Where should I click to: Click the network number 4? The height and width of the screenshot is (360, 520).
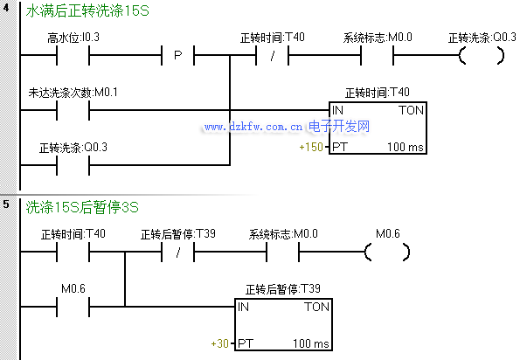(6, 7)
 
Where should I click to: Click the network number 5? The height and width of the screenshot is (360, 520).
(6, 204)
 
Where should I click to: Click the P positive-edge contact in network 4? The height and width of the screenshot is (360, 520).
(177, 55)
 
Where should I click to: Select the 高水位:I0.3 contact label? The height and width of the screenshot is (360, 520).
(73, 38)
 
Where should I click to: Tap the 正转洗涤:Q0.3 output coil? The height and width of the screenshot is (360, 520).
(482, 55)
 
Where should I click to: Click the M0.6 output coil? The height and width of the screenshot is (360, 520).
(387, 252)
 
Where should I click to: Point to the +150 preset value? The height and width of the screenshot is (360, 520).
(311, 147)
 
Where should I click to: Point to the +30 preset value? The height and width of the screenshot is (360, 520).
(220, 343)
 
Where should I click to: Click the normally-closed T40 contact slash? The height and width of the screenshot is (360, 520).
(273, 55)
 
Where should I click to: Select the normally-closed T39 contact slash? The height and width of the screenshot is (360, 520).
(177, 253)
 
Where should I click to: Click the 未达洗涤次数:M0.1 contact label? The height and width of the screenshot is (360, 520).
(73, 93)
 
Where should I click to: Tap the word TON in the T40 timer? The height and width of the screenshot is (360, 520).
(412, 110)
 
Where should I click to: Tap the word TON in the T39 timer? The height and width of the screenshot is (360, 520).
(316, 307)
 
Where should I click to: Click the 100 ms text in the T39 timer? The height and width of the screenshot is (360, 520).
(311, 343)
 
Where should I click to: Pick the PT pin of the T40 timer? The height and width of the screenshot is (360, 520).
(340, 147)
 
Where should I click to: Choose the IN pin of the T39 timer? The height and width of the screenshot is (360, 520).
(243, 307)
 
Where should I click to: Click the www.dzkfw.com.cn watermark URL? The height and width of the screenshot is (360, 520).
(253, 127)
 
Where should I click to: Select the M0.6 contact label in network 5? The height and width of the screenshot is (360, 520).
(73, 288)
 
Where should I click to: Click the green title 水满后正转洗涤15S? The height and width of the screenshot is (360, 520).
(87, 11)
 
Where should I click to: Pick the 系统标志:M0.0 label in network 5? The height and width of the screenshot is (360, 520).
(283, 234)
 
